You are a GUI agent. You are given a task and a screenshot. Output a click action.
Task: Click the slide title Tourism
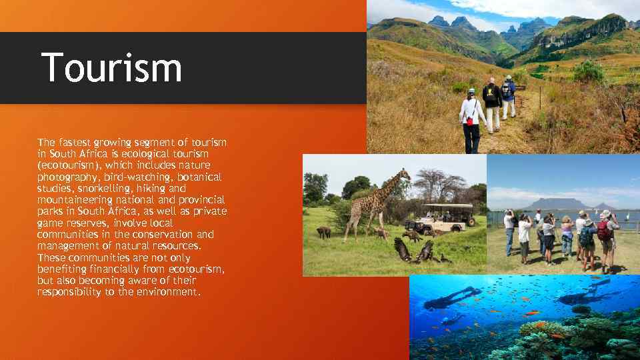(x=111, y=68)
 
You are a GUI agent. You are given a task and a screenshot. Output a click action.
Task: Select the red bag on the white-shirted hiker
(x=470, y=121)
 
